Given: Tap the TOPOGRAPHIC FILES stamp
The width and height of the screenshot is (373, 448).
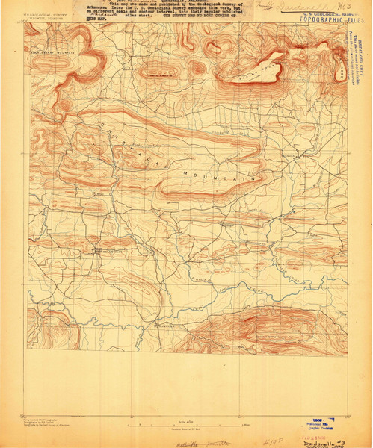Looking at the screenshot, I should [x=324, y=16].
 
